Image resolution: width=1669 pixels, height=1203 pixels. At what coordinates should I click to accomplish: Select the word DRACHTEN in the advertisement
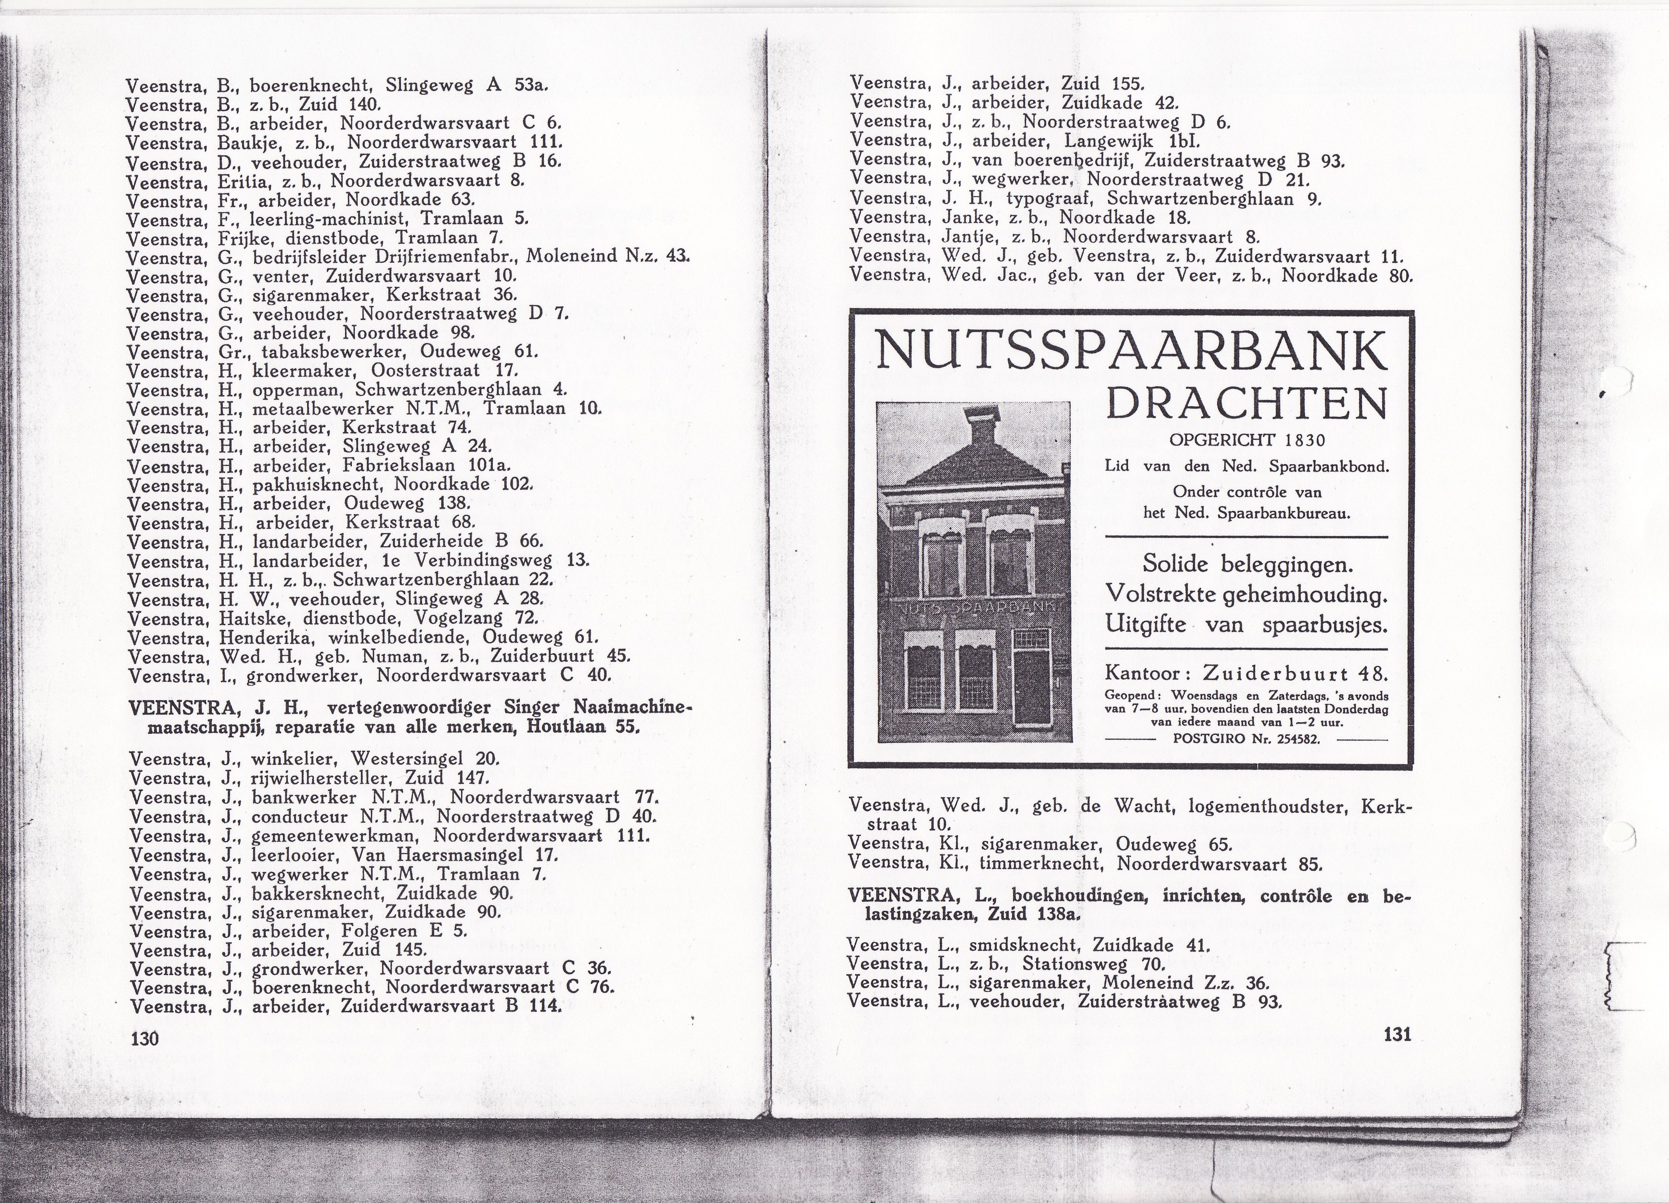click(x=1246, y=404)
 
